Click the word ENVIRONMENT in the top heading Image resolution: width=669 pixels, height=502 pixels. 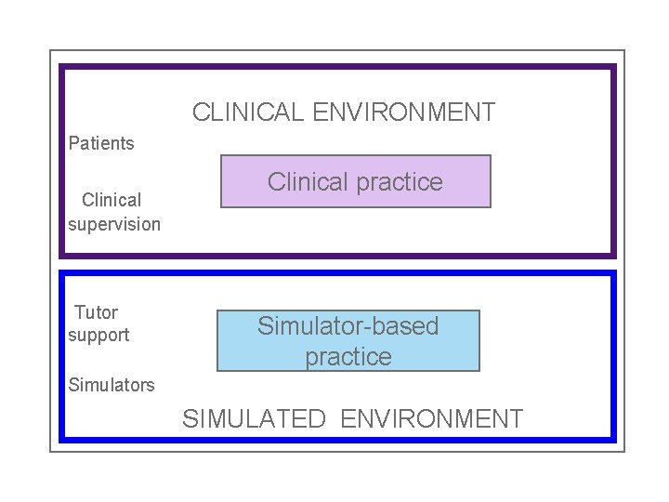coord(404,113)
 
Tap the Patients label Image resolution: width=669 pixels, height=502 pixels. coord(101,143)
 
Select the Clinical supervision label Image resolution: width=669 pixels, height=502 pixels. coord(113,212)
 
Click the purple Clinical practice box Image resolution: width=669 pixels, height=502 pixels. coord(355,181)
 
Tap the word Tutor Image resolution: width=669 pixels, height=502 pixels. coord(96,312)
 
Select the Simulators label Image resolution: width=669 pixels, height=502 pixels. coord(111,385)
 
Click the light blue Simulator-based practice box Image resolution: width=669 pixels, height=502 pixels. coord(348,341)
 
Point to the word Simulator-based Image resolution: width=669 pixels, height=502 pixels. coord(348,326)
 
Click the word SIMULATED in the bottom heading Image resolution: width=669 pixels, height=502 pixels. coord(254,419)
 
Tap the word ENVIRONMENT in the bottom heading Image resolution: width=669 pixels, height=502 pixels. coord(432,419)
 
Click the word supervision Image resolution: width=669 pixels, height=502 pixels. coord(114,224)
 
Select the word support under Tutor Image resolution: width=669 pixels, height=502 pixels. coord(98,335)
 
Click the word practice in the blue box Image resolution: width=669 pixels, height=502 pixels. coord(348,357)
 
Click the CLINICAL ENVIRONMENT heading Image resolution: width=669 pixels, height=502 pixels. coord(344,113)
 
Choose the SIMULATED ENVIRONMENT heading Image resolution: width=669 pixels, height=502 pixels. coord(353,419)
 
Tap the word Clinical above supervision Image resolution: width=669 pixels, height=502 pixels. coord(111,200)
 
